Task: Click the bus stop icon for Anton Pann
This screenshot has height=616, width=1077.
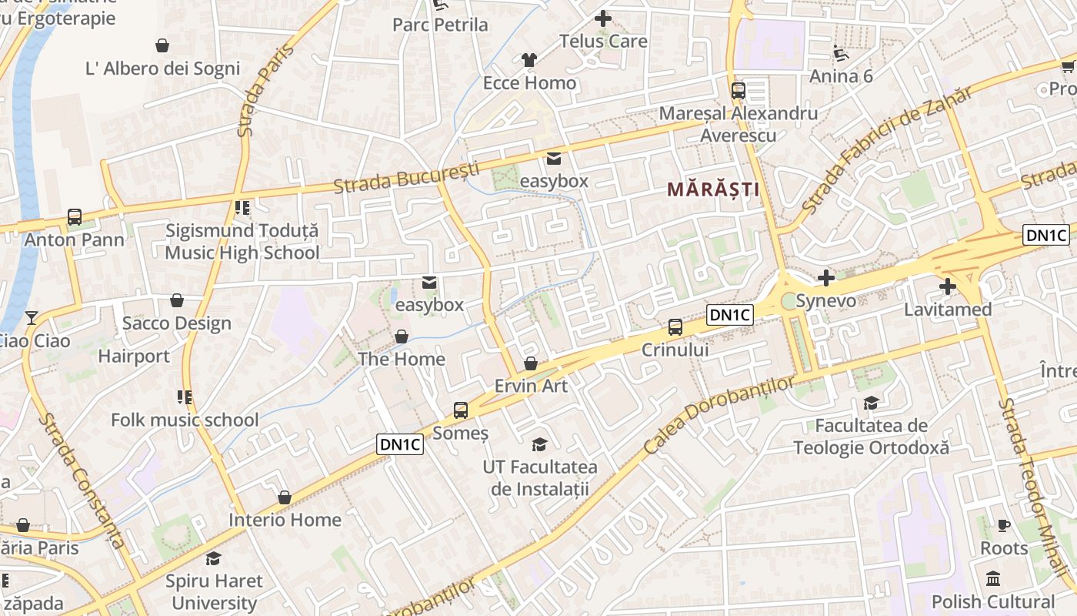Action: (x=75, y=217)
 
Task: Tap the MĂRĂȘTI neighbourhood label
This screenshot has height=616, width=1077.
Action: (x=712, y=189)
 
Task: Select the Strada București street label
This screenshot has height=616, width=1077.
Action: (x=406, y=178)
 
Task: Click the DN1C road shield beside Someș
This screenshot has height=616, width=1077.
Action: (x=401, y=444)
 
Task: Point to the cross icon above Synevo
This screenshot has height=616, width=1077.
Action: (x=826, y=277)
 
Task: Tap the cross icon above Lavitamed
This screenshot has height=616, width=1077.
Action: (x=947, y=287)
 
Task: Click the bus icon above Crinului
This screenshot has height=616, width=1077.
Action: (x=675, y=327)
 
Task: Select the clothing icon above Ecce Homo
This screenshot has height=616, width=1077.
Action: (x=529, y=60)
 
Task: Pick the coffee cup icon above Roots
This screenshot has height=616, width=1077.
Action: (x=1003, y=526)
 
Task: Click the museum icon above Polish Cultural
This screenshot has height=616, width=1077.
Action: (x=993, y=579)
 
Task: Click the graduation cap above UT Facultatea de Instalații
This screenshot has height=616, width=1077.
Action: (x=540, y=444)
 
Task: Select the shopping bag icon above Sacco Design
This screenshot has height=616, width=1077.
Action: (x=177, y=300)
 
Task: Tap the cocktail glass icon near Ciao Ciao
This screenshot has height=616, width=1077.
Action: (x=31, y=318)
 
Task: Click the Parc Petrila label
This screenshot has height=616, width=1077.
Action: (x=440, y=25)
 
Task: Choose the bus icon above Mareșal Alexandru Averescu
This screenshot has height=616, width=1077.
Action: (x=739, y=91)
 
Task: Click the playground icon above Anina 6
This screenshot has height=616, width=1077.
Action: (x=841, y=53)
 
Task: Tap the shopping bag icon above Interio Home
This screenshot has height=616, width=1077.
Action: (x=285, y=497)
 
